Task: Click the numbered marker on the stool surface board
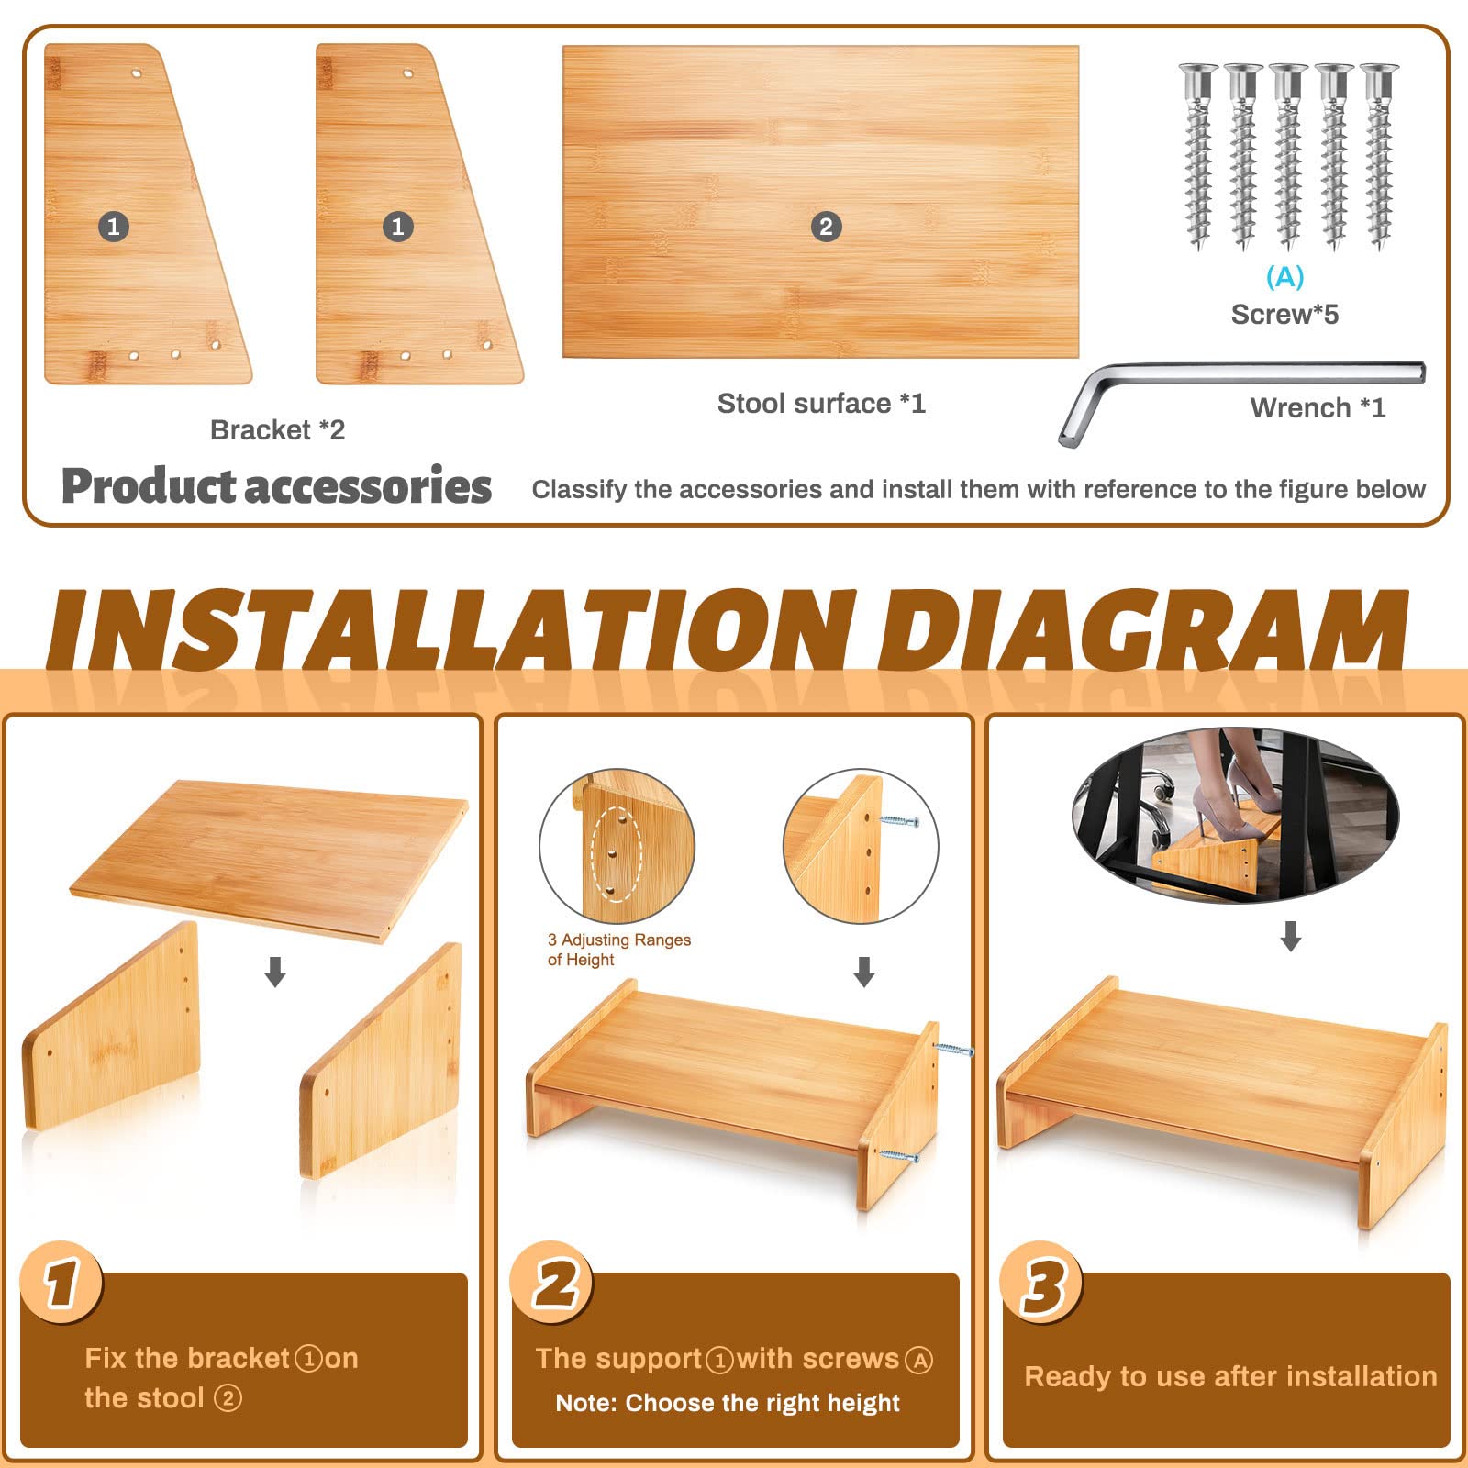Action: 826,227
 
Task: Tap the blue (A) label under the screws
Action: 1284,276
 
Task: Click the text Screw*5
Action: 1284,315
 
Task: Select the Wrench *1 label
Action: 1318,407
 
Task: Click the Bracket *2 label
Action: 277,429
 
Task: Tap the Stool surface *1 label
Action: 821,403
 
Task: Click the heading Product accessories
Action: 276,485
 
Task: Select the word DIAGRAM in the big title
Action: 1142,630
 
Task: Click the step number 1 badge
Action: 61,1282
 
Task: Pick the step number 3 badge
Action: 1041,1282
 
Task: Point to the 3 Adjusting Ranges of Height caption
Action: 618,950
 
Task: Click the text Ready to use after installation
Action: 1230,1376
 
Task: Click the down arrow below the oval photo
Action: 1291,936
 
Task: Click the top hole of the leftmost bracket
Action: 137,72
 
